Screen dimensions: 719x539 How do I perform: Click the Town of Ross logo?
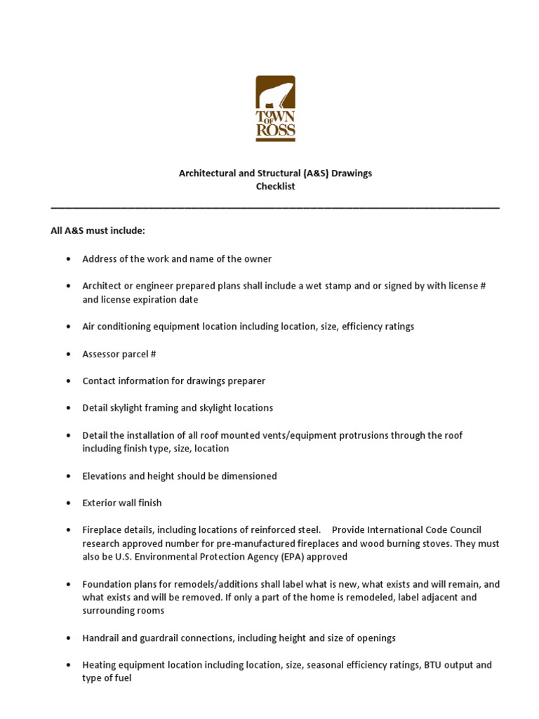[275, 109]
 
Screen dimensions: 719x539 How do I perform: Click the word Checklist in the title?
[275, 187]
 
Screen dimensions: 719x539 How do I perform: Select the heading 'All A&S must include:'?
[98, 231]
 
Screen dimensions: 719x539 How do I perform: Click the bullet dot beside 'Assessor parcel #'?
[68, 355]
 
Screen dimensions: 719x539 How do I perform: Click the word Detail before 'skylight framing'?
[95, 408]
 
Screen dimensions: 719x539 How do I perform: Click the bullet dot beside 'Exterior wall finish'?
[68, 503]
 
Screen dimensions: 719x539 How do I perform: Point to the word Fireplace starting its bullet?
[104, 530]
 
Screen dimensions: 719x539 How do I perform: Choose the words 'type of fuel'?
[107, 679]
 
